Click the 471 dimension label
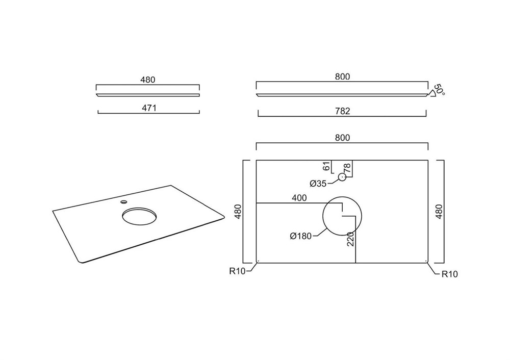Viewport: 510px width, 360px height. point(149,108)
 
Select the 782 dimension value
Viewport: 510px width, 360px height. point(343,111)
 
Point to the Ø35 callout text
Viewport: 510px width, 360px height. point(318,184)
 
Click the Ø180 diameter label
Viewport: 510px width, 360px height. point(301,236)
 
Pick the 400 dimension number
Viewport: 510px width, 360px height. point(299,198)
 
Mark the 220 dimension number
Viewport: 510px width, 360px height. point(350,239)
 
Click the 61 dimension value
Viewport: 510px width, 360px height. point(326,167)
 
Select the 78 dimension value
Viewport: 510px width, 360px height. point(347,168)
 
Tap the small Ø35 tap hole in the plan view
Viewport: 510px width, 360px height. point(342,177)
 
